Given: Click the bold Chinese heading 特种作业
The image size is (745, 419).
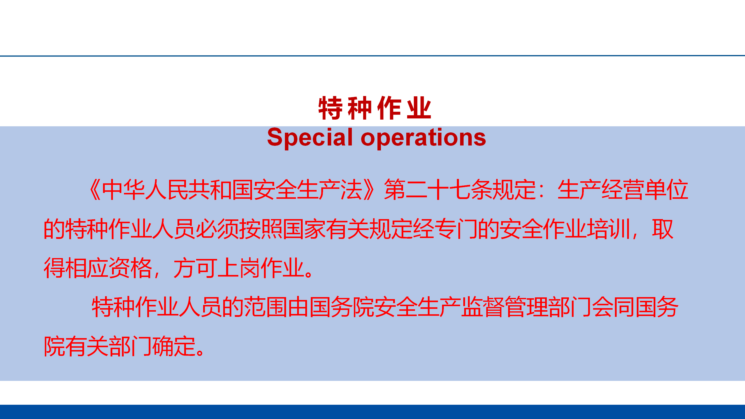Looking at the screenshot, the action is click(375, 108).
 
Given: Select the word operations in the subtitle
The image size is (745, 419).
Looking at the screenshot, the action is click(423, 138).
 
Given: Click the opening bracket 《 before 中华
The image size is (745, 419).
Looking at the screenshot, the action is click(94, 190).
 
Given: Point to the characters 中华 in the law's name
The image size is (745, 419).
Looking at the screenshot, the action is click(123, 190).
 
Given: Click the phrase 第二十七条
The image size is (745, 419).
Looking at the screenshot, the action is click(438, 190).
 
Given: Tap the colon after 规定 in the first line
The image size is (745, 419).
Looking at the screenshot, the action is click(542, 190).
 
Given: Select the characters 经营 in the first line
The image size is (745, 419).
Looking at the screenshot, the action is click(623, 190).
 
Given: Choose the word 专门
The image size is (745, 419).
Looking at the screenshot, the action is click(456, 229).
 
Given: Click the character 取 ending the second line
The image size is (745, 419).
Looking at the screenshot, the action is click(663, 229).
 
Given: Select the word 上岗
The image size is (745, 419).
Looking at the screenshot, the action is click(239, 268).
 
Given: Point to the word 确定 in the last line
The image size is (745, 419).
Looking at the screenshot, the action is click(174, 346).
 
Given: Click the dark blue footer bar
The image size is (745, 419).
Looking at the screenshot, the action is click(372, 412).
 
